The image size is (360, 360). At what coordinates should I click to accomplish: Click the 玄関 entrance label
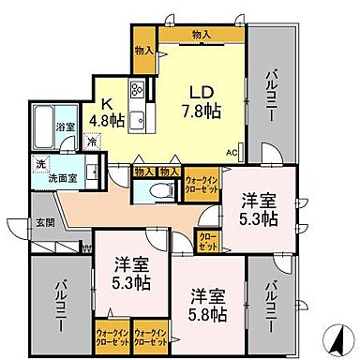[x=45, y=222]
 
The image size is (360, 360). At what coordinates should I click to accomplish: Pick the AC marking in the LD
[x=231, y=149]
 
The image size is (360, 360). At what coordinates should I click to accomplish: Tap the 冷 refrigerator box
[x=92, y=143]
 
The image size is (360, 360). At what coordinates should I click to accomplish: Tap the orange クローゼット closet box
[x=205, y=240]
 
